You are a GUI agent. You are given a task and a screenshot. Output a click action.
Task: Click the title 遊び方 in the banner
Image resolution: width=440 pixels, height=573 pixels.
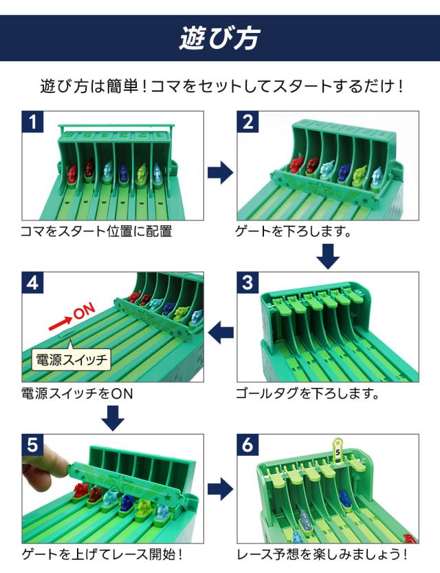click(x=219, y=37)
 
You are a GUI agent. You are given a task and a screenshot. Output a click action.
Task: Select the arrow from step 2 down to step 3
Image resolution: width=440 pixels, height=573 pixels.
click(x=329, y=256)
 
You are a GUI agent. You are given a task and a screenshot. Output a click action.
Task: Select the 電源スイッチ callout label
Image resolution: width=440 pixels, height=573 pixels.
click(x=71, y=359)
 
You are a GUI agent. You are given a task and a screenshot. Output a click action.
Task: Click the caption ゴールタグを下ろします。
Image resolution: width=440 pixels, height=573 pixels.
click(x=307, y=394)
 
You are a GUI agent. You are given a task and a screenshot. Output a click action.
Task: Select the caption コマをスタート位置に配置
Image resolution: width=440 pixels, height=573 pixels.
click(x=96, y=231)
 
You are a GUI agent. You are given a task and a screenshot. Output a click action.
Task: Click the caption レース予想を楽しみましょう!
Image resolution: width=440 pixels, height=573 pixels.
click(x=322, y=554)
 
